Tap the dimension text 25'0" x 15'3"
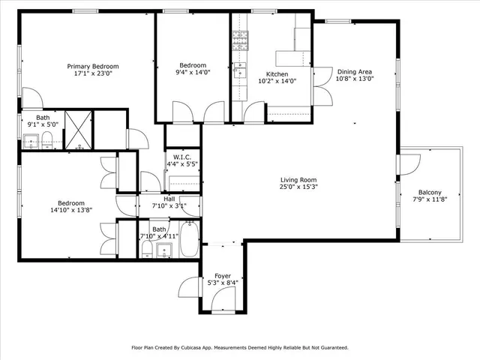tap(298, 187)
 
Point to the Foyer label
tap(223, 275)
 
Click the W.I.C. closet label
tap(183, 157)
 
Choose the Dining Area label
tap(354, 71)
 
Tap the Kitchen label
tap(277, 74)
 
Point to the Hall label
tap(169, 199)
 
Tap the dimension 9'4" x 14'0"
tap(192, 73)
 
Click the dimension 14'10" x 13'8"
tap(71, 211)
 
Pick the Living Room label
tap(298, 180)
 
